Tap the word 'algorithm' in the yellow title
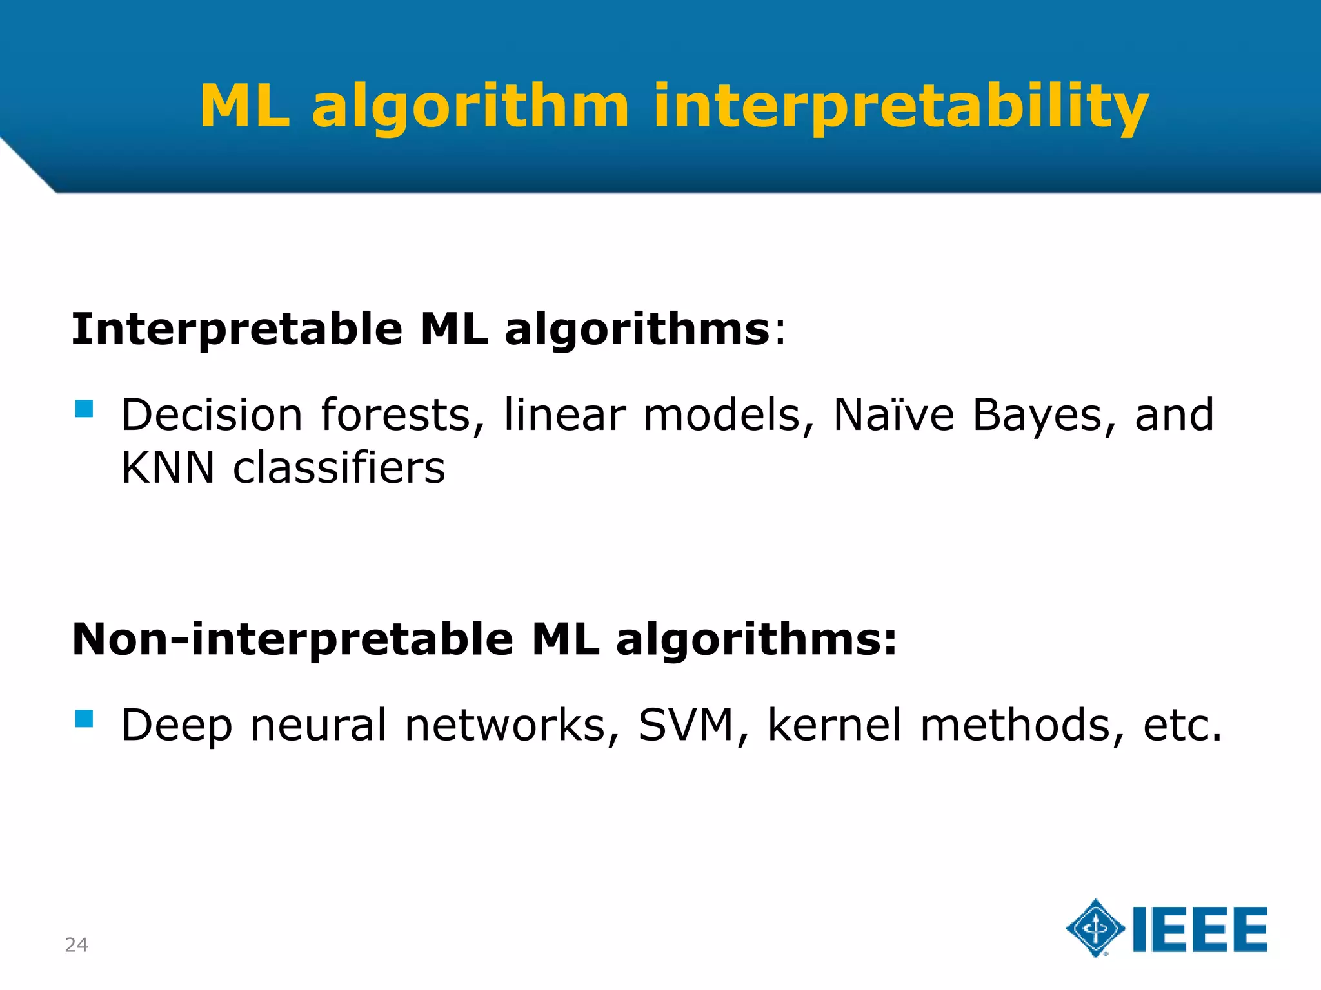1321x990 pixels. pyautogui.click(x=470, y=106)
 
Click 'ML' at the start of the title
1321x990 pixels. pyautogui.click(x=244, y=106)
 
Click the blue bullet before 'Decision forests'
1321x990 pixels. pyautogui.click(x=84, y=409)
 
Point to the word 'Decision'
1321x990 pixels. pyautogui.click(x=212, y=414)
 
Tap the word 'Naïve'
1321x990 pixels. pyautogui.click(x=893, y=414)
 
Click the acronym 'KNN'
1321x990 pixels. pyautogui.click(x=168, y=467)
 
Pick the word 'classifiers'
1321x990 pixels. pyautogui.click(x=339, y=467)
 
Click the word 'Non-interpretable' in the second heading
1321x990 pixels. pyautogui.click(x=292, y=640)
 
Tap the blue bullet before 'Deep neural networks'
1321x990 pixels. pyautogui.click(x=84, y=719)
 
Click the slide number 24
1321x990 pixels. pyautogui.click(x=76, y=945)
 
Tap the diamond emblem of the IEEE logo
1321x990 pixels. pyautogui.click(x=1095, y=928)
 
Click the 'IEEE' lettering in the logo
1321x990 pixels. pyautogui.click(x=1200, y=929)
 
